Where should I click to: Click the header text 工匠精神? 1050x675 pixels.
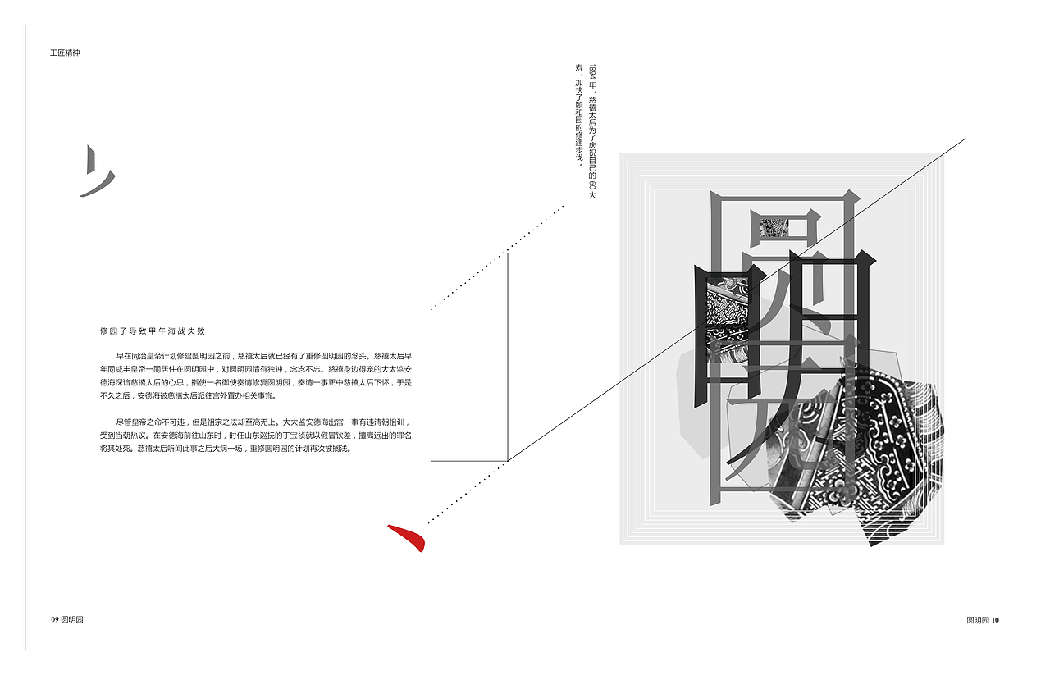coord(65,52)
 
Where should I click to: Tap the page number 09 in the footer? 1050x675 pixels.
coord(54,619)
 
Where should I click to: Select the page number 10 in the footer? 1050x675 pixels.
coord(995,620)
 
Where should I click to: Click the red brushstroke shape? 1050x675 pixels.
coord(408,537)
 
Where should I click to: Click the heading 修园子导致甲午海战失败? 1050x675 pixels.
coord(152,331)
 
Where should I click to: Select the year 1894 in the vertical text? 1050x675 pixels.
coord(592,71)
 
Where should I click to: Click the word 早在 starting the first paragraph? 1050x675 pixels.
coord(123,357)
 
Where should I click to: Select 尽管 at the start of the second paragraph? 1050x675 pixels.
coord(123,422)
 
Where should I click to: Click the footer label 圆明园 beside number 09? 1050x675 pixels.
coord(72,619)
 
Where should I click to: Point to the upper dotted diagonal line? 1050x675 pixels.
coord(497,258)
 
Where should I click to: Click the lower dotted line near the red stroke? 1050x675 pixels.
coord(463,492)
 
